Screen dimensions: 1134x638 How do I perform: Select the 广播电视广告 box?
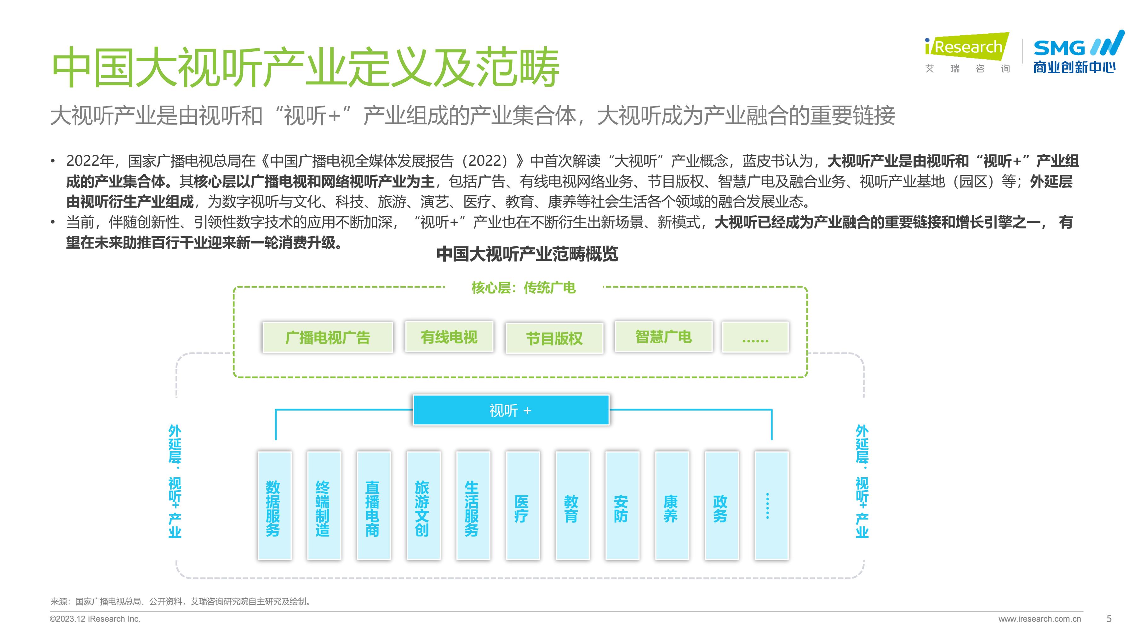(328, 337)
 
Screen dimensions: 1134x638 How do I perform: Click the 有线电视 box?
(449, 337)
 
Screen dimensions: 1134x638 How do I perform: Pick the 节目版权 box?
(554, 338)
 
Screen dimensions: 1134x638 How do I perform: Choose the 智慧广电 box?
(663, 337)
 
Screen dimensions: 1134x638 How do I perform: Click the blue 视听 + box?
(511, 410)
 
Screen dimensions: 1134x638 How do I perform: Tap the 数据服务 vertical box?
(274, 505)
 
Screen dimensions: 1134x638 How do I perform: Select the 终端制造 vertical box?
(324, 505)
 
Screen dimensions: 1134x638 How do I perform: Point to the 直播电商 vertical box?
(374, 505)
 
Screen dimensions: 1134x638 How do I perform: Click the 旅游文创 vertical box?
(423, 505)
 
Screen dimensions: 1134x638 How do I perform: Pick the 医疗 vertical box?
(523, 505)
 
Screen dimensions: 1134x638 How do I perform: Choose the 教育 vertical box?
(573, 505)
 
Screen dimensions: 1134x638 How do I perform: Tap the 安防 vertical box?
(622, 505)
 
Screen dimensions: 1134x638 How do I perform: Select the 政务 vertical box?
(722, 505)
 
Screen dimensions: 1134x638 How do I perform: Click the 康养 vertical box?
(672, 505)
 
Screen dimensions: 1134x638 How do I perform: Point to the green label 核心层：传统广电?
(524, 288)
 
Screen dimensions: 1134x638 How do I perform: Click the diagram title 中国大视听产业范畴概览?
(527, 254)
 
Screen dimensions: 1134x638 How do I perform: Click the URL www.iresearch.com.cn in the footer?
(1039, 619)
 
